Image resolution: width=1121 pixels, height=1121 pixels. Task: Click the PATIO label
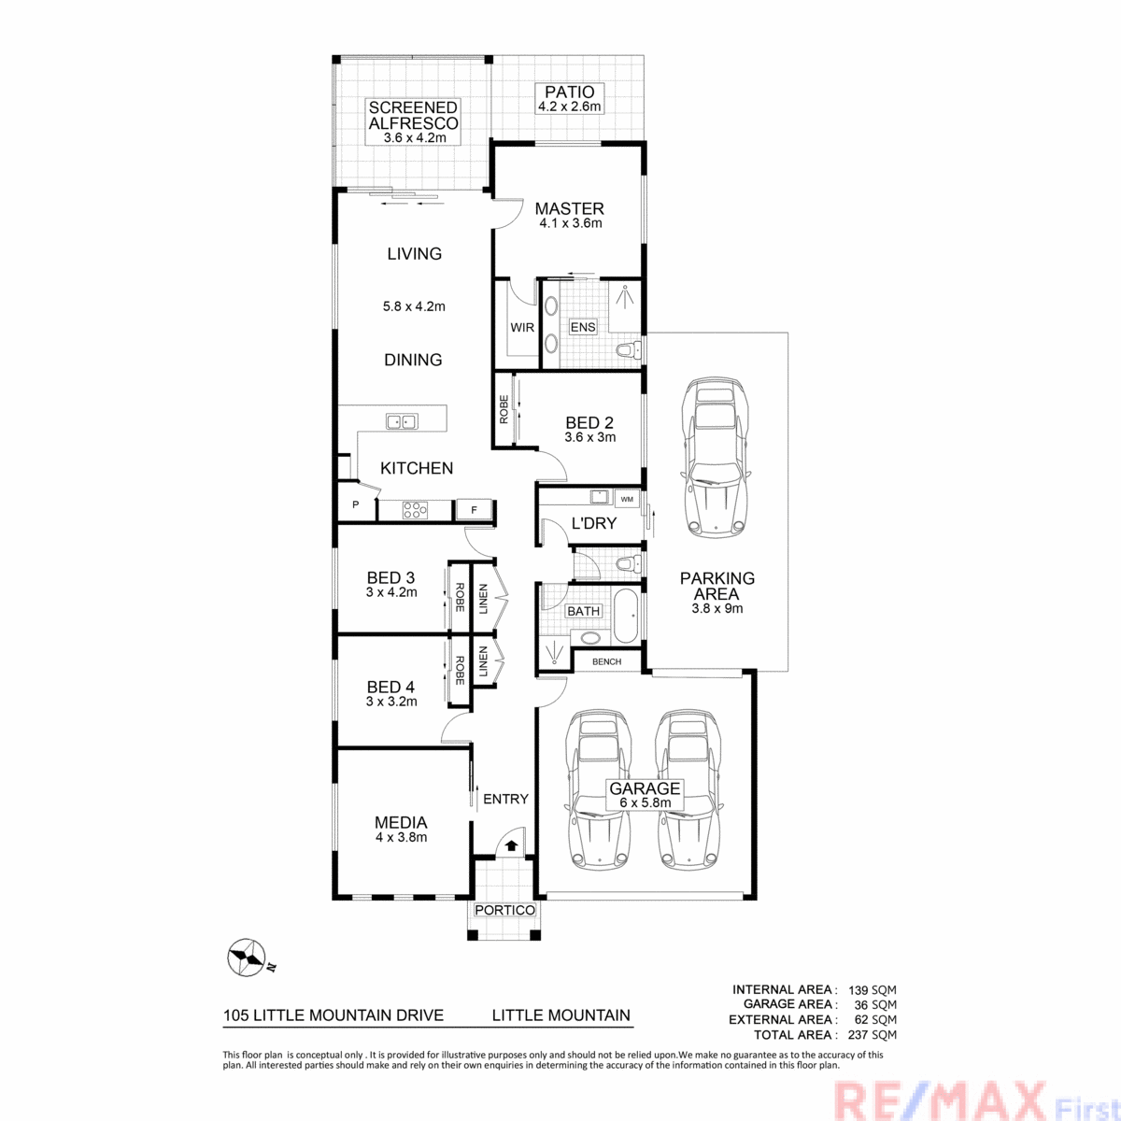click(x=569, y=92)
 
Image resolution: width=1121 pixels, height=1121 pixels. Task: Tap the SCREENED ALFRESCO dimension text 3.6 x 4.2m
click(x=414, y=138)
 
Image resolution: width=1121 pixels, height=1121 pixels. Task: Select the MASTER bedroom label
click(x=569, y=208)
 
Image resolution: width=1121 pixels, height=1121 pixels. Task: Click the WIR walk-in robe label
click(x=522, y=328)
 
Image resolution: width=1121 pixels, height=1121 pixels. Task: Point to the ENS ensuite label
click(x=582, y=327)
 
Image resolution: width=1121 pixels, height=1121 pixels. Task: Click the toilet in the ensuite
click(x=629, y=350)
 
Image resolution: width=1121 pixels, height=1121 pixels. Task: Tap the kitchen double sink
click(x=402, y=421)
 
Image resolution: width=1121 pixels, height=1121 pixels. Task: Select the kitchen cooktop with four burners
click(x=416, y=510)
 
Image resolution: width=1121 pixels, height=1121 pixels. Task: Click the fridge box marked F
click(x=474, y=510)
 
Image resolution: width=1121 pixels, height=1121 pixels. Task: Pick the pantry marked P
click(x=356, y=504)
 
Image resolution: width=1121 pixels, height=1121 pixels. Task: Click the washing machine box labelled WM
click(x=627, y=499)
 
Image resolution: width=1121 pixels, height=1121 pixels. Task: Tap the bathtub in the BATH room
click(x=626, y=616)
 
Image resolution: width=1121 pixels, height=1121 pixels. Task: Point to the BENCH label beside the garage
click(x=606, y=661)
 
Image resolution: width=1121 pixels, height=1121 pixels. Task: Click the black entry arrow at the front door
click(x=511, y=845)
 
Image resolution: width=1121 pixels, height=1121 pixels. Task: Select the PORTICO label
click(x=504, y=910)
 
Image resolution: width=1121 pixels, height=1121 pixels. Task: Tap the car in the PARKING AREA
click(x=716, y=459)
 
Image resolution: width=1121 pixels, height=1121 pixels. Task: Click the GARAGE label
click(x=645, y=788)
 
